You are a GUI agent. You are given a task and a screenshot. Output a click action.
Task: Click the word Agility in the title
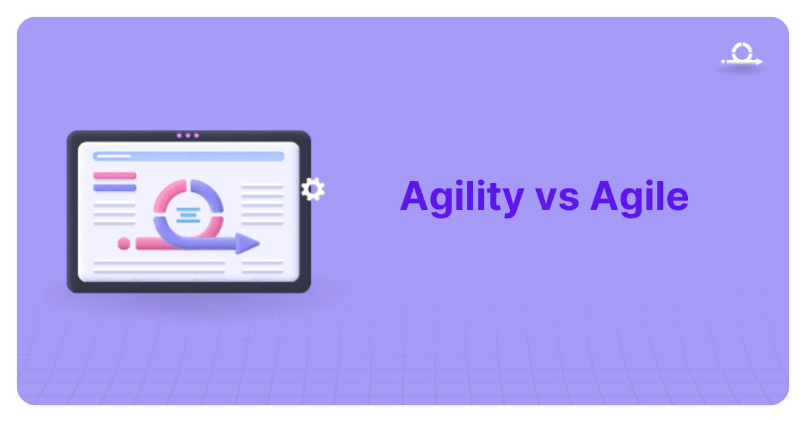461,197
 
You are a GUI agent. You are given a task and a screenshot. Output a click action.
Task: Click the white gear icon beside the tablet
313,189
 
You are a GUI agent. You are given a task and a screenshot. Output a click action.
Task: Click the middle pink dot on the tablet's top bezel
188,136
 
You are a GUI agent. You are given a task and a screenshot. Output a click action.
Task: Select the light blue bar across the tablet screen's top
189,156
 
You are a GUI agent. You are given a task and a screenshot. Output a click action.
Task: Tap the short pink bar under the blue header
115,176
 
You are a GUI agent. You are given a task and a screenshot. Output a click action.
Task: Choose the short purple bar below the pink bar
115,188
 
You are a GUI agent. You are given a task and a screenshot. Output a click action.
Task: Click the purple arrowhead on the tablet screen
248,244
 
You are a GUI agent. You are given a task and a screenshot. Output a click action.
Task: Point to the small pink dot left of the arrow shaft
123,244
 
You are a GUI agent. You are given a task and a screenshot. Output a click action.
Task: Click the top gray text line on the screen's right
262,187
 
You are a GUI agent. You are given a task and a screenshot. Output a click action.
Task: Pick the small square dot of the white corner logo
723,62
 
